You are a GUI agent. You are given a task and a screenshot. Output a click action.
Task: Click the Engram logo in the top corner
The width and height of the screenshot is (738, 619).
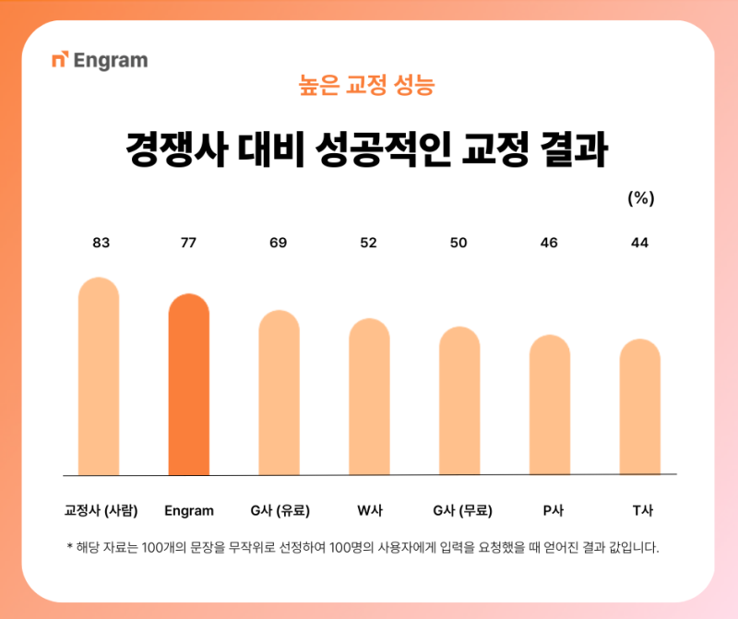click(100, 62)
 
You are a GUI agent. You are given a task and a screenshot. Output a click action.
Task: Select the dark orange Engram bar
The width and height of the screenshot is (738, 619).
click(189, 384)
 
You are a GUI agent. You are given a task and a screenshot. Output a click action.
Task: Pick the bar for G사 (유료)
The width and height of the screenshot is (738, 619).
click(279, 392)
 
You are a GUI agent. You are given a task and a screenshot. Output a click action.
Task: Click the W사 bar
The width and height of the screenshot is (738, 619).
click(369, 397)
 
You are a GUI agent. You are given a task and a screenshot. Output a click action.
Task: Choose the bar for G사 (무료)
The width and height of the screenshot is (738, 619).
click(459, 400)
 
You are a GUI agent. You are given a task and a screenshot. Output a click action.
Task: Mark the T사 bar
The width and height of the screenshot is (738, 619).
click(640, 407)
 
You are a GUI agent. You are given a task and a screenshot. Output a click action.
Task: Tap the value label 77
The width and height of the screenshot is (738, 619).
click(188, 243)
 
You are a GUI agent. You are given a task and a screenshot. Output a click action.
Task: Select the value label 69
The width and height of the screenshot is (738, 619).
click(279, 243)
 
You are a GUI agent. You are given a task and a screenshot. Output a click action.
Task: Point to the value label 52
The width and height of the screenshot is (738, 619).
click(369, 243)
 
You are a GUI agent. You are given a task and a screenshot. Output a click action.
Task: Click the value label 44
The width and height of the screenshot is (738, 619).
click(640, 243)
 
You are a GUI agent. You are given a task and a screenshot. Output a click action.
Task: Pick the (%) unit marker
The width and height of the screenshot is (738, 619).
click(640, 198)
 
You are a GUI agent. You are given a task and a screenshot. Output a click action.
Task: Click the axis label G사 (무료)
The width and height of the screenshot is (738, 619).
click(462, 510)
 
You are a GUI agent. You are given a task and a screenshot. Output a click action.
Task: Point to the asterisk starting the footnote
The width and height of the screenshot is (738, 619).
click(70, 547)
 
